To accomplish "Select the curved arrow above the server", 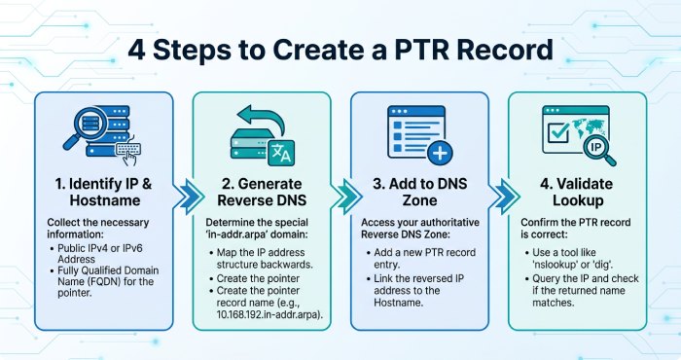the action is [261, 118].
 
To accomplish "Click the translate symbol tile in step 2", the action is [281, 153].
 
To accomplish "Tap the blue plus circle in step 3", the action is [440, 153].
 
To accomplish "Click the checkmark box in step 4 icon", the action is [558, 132].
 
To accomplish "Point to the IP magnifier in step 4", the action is [599, 150].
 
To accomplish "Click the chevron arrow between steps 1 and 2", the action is [190, 197].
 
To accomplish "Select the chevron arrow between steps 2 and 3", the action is [348, 197].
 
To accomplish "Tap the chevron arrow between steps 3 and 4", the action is [506, 197].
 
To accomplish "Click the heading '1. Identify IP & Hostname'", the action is [104, 192].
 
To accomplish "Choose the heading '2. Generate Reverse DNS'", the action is [262, 192].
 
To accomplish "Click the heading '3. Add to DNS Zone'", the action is [419, 192].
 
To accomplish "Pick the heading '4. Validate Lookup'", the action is [577, 192].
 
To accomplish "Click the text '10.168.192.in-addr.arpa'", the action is [269, 314].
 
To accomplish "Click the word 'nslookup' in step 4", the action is [556, 265].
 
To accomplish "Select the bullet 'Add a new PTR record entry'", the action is [421, 259].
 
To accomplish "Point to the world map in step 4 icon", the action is [588, 126].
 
